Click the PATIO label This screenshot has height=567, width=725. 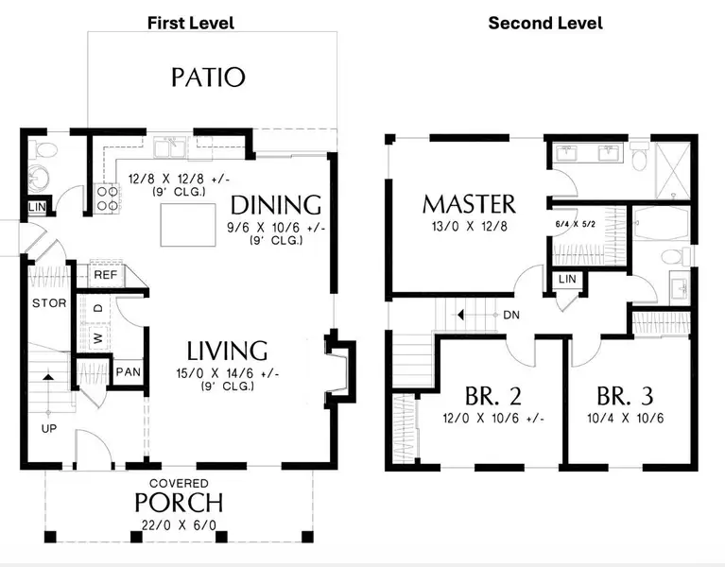click(x=208, y=77)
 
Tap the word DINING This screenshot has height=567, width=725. click(x=276, y=205)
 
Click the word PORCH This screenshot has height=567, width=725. click(x=179, y=502)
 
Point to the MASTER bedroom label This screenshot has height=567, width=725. click(x=469, y=204)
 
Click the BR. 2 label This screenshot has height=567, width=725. click(x=494, y=396)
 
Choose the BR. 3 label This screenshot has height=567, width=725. click(x=626, y=396)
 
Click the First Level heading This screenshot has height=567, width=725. click(x=191, y=23)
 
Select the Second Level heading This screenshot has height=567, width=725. click(x=545, y=23)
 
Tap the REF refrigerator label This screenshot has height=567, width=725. click(x=104, y=274)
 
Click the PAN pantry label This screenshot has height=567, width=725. click(x=129, y=371)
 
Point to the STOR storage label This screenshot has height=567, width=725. click(x=48, y=303)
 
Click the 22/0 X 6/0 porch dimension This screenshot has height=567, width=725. click(x=179, y=524)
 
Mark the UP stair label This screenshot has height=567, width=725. click(x=46, y=428)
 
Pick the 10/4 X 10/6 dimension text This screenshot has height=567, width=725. click(x=626, y=419)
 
